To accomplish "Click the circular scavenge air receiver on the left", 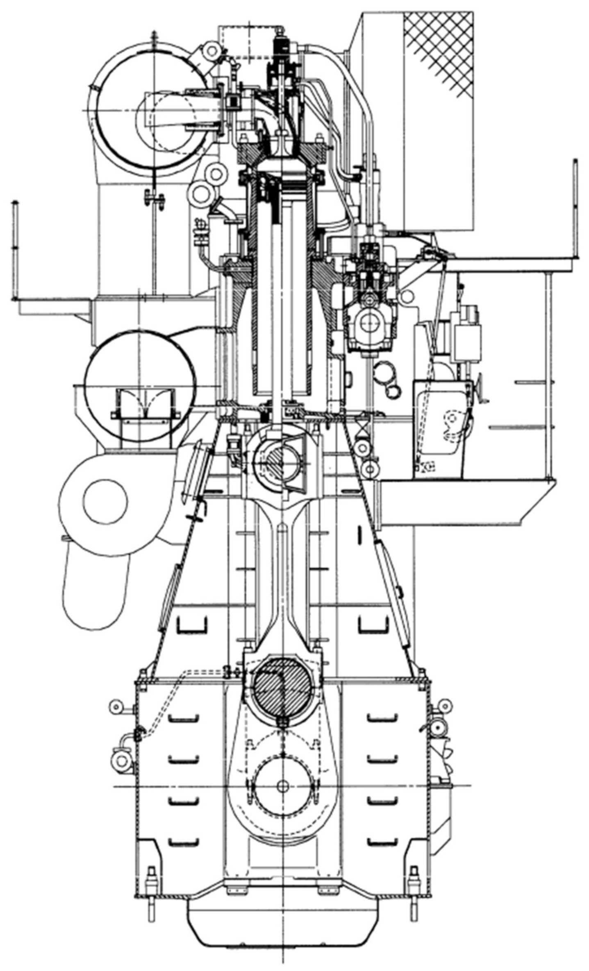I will pos(139,385).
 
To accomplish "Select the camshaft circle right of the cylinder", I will pos(371,323).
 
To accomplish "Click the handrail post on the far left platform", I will pos(15,250).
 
